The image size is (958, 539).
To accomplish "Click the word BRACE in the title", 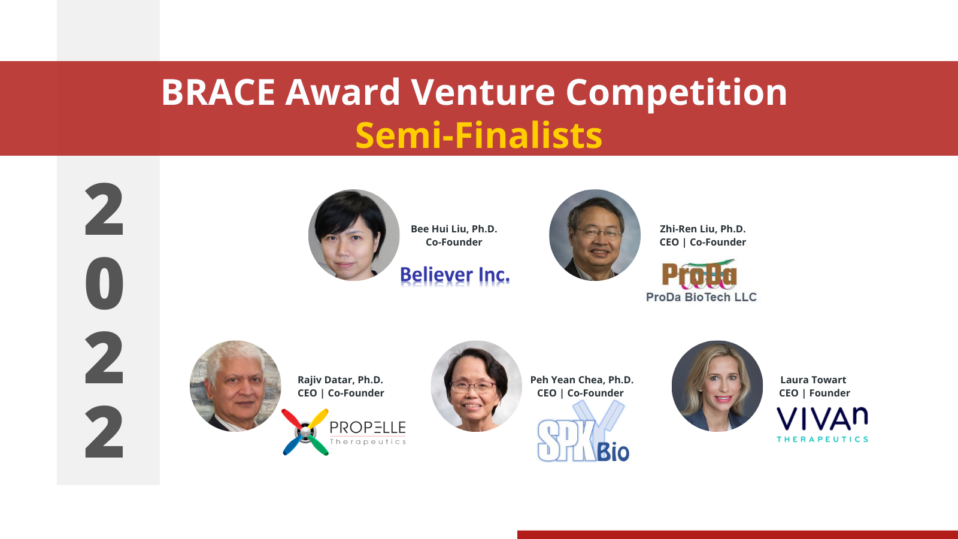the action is point(218,92).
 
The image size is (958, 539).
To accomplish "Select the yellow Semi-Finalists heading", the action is point(478,135).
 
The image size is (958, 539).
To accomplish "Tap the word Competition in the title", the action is point(676,93).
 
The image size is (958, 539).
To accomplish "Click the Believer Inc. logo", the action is point(455,276).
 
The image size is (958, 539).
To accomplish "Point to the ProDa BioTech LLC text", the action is point(701,297).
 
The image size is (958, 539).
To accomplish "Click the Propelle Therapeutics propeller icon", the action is point(305,432).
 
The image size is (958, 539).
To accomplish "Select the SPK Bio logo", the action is point(583,431).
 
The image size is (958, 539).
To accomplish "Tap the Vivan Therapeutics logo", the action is point(822,424).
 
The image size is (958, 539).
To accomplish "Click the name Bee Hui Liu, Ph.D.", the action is point(454,229).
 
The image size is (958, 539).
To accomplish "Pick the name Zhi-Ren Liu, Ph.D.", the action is point(703,229).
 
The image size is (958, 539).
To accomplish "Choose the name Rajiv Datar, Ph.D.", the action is point(340,380).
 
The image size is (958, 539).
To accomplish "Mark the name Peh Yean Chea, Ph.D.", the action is point(582,380).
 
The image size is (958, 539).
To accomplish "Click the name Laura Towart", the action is point(813,380).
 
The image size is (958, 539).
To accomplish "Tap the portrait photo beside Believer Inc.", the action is point(354,235).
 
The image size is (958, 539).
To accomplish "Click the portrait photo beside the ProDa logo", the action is point(594,235).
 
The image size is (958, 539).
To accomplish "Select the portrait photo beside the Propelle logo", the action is point(235,386).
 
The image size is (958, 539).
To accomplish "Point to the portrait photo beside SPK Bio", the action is point(476,386).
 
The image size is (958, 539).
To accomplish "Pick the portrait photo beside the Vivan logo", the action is point(717,386).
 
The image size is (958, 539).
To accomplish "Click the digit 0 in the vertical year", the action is point(104,283).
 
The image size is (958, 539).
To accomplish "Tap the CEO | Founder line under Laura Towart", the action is point(814,393).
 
